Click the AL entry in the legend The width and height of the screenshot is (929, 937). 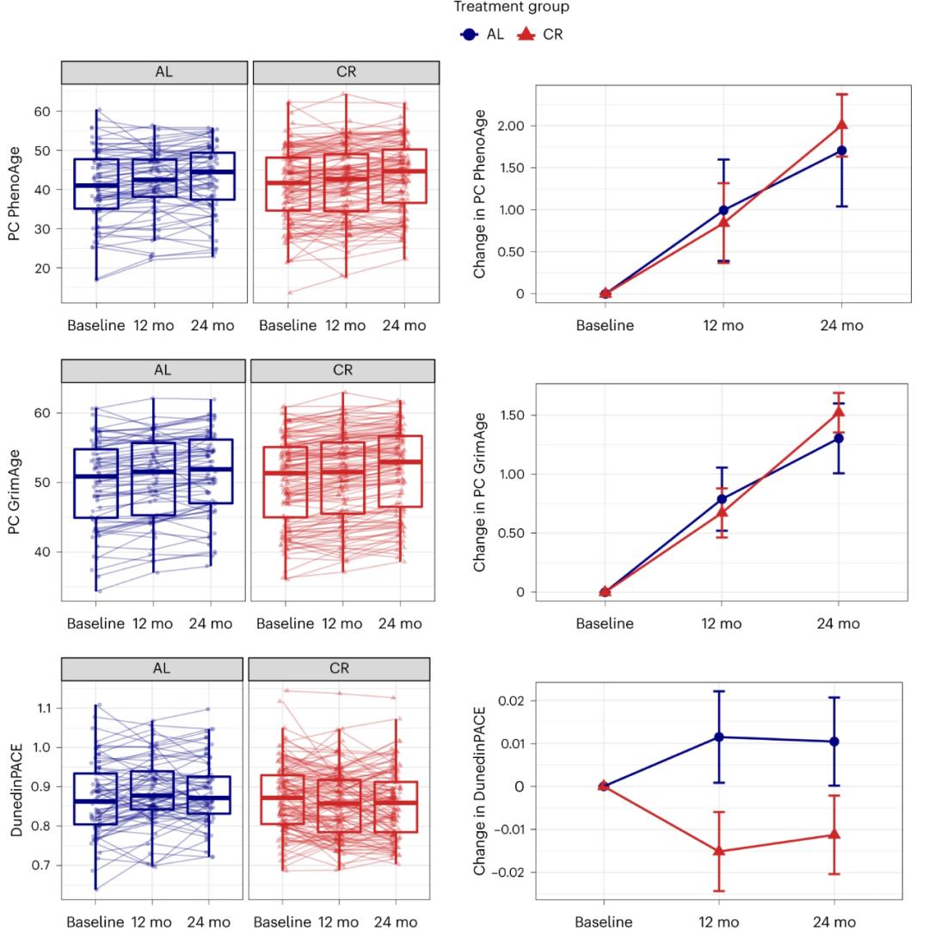[482, 34]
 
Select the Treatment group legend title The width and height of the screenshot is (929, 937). [511, 8]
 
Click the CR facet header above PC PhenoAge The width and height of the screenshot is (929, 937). [346, 72]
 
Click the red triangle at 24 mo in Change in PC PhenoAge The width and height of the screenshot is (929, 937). [841, 125]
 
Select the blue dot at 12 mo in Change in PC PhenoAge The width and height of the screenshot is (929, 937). [723, 210]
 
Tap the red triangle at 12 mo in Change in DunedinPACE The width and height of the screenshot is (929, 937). [721, 851]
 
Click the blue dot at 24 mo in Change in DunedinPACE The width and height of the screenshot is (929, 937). [834, 742]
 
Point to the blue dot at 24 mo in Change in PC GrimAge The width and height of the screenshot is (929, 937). [839, 438]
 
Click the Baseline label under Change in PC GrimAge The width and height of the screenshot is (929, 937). [604, 624]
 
